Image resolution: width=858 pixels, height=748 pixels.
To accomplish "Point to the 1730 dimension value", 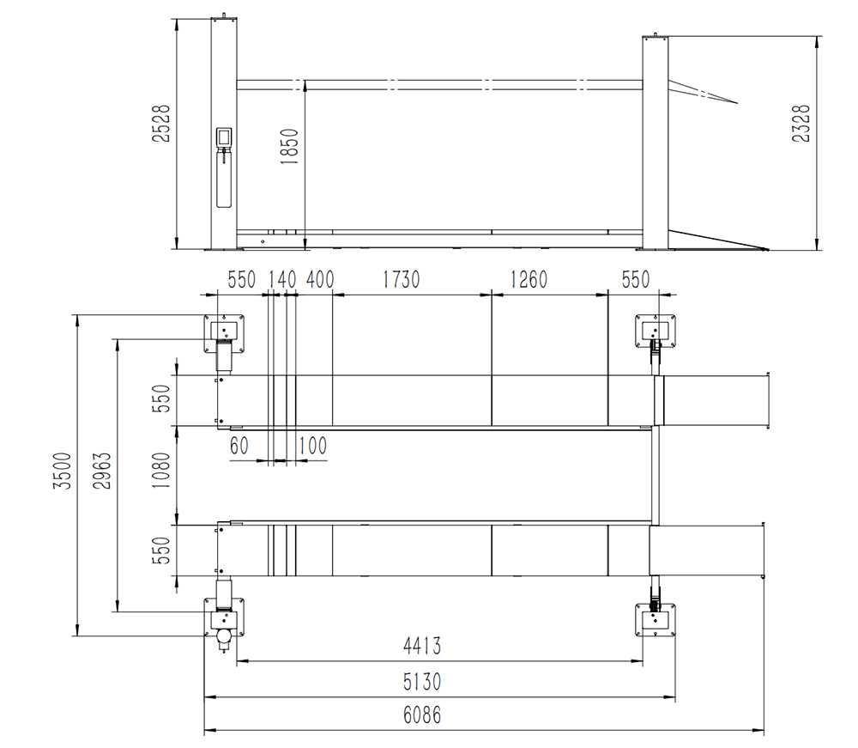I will (x=401, y=280).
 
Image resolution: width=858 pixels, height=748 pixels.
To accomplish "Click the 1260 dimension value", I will (x=529, y=280).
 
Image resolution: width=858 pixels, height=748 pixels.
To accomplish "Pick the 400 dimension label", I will (x=319, y=280).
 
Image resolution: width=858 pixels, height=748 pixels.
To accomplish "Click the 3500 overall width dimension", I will (x=61, y=473).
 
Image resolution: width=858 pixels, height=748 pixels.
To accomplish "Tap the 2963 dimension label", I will (x=100, y=473).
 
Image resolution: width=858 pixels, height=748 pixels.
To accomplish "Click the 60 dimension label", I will (x=239, y=446).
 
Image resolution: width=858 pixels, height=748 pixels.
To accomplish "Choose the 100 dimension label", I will (x=313, y=446).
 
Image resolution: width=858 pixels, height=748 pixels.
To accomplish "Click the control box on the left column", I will (x=224, y=137).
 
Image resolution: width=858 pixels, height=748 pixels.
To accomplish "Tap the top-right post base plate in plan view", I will (x=656, y=331).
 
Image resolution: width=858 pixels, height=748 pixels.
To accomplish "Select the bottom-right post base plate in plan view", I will (x=656, y=620).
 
